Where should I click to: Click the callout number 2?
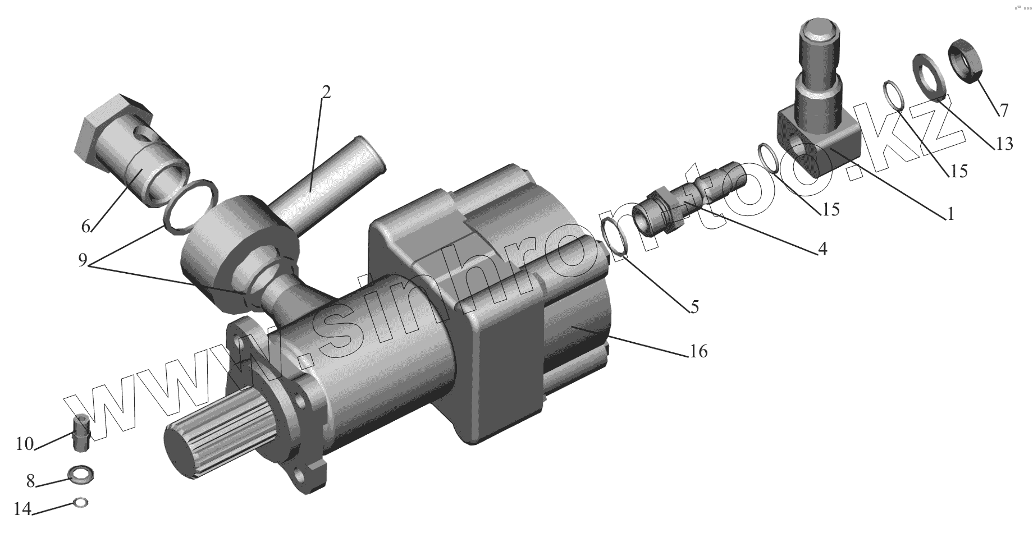click(326, 92)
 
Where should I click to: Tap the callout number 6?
click(85, 226)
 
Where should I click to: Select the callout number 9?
click(83, 260)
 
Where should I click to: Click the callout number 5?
click(694, 306)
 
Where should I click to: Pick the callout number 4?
click(822, 248)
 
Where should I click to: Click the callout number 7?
click(1003, 110)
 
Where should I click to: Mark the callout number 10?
click(25, 444)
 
